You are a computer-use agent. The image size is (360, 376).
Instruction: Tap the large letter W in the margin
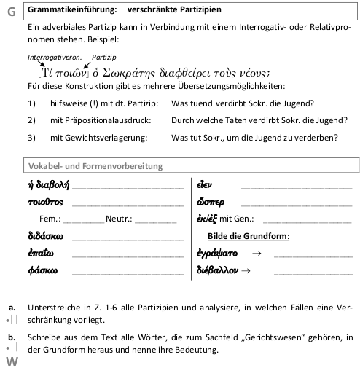[x=11, y=362]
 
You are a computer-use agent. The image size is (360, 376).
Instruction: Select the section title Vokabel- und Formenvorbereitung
[x=94, y=165]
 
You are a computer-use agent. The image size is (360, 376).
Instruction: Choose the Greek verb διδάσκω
[x=46, y=236]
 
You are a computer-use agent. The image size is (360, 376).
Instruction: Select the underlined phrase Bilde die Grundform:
[x=249, y=236]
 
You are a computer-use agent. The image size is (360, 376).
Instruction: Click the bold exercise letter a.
[x=12, y=308]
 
